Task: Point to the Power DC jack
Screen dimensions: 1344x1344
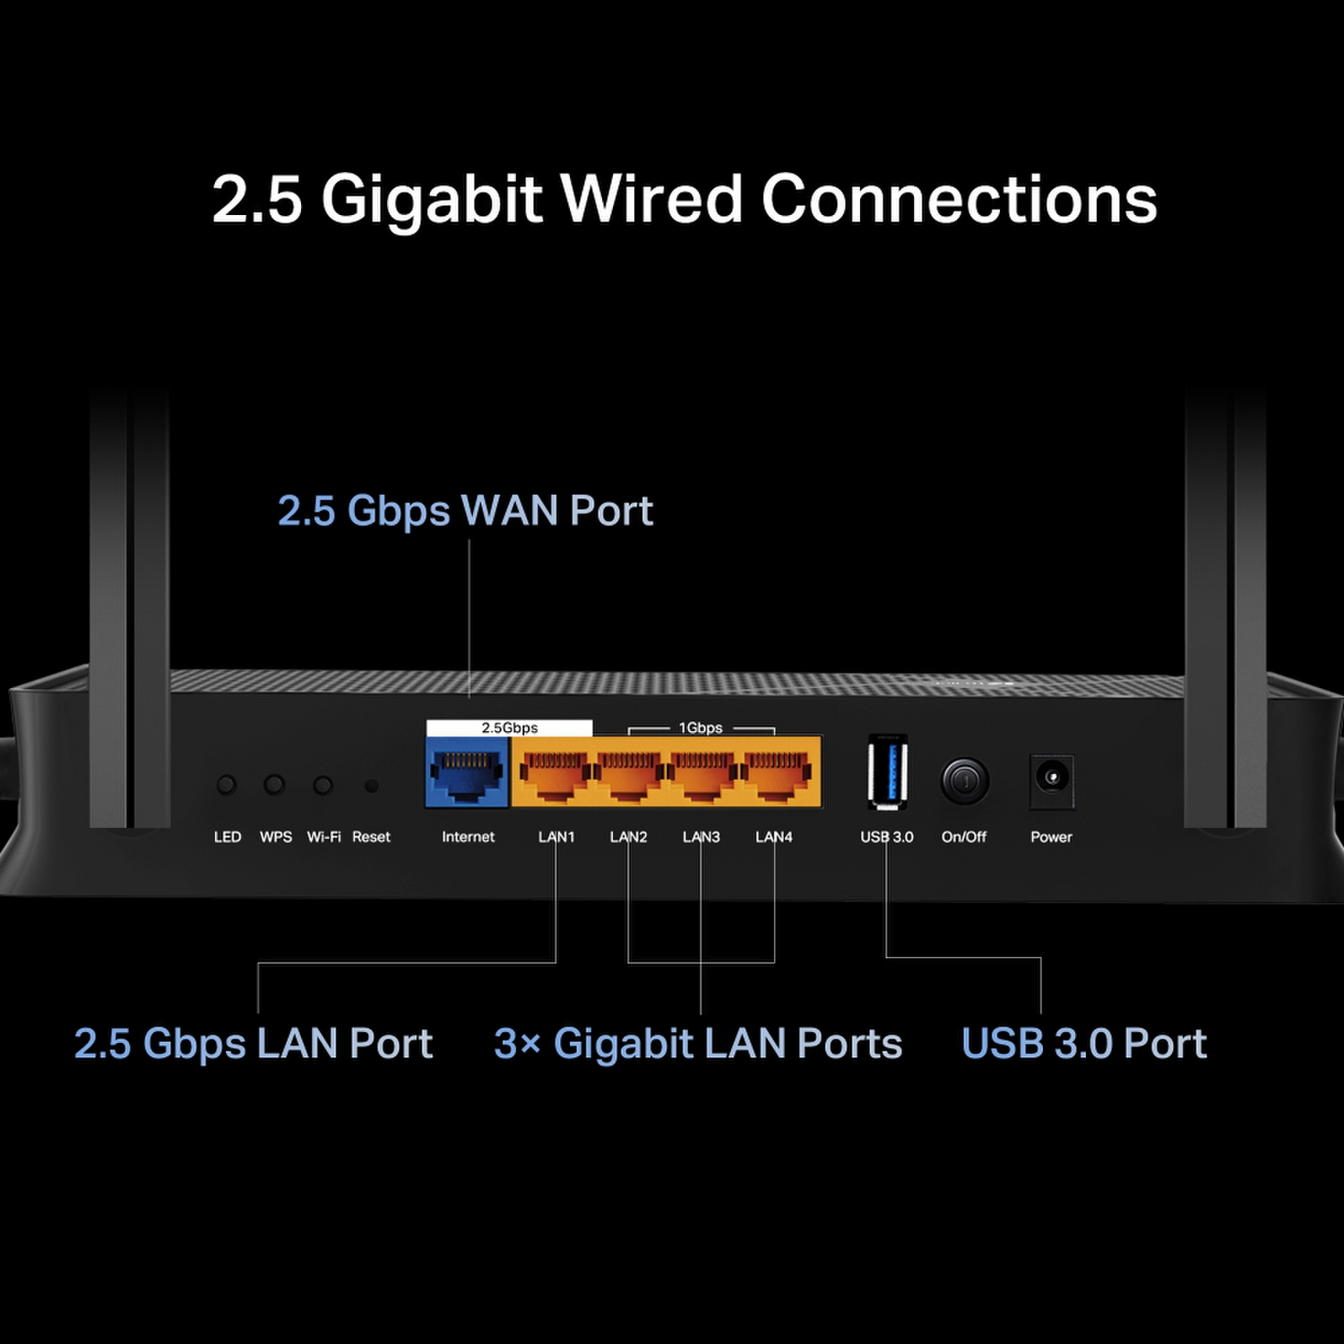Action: click(x=1052, y=778)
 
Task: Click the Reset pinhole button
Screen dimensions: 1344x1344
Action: click(x=371, y=786)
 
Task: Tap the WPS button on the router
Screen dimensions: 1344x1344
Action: click(x=274, y=785)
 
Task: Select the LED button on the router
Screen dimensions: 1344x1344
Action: click(x=227, y=785)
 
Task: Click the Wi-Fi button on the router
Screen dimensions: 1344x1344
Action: click(x=323, y=785)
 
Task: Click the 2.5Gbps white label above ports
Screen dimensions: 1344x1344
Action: click(x=509, y=728)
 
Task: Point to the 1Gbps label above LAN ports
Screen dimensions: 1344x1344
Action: click(x=700, y=728)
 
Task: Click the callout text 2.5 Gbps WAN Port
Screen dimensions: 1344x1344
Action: click(x=465, y=511)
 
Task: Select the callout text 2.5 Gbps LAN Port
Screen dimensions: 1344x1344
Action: click(x=254, y=1044)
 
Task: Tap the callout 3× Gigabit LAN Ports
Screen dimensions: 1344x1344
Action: click(x=698, y=1044)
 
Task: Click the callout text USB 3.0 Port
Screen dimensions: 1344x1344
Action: click(x=1084, y=1044)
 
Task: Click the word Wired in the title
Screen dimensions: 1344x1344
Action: click(x=651, y=198)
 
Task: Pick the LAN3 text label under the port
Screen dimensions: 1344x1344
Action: click(x=701, y=837)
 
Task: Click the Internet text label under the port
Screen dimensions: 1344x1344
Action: click(x=468, y=837)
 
